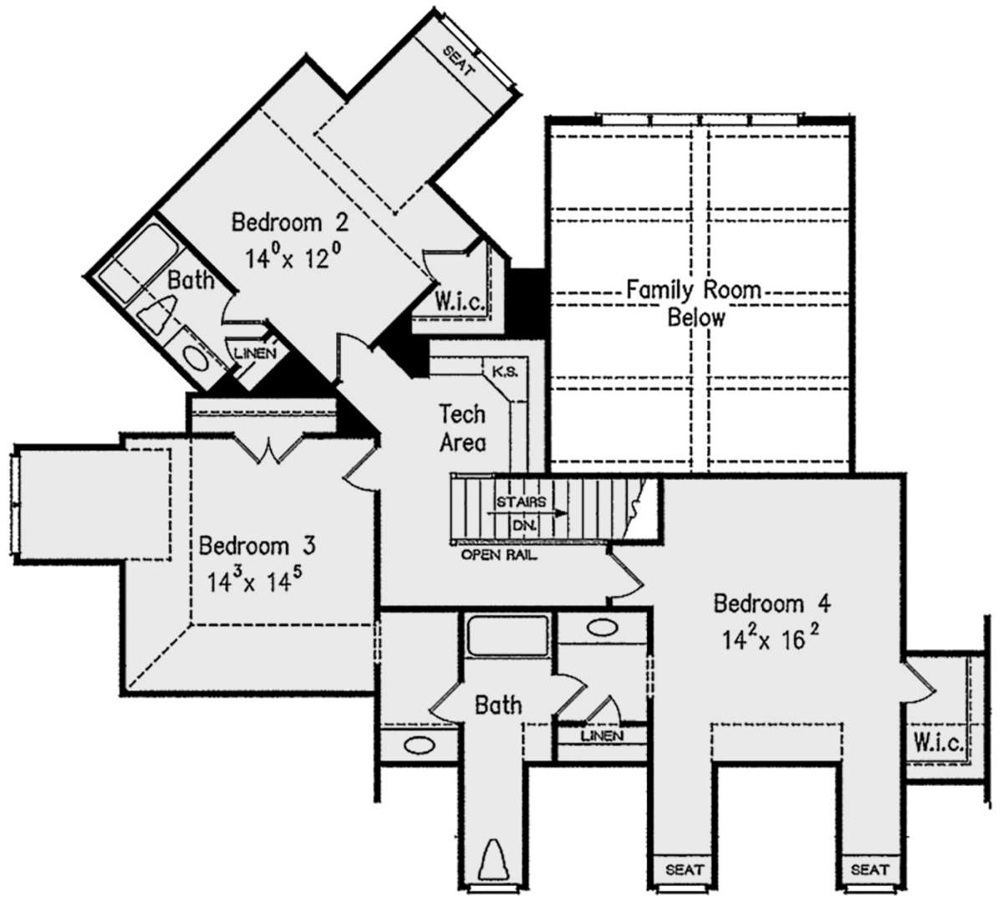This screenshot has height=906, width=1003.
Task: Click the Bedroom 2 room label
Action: [289, 222]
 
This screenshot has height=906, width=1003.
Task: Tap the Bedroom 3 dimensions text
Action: [254, 580]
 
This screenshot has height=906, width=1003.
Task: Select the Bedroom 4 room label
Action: [772, 603]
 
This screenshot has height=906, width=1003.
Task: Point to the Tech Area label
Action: [462, 428]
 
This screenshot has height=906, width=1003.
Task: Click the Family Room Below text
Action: [695, 303]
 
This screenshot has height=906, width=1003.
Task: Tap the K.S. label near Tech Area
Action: [506, 372]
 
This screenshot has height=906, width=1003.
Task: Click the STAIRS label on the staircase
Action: [521, 501]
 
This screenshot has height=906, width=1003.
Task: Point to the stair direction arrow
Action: [527, 513]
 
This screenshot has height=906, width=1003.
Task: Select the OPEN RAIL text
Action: [499, 554]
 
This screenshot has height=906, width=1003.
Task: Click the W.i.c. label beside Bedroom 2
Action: [460, 302]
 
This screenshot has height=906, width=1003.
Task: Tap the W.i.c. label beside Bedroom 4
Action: [939, 742]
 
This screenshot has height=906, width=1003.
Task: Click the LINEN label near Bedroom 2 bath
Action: [256, 354]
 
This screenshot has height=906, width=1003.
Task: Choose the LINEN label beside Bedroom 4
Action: [603, 735]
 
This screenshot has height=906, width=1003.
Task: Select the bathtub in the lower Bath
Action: [508, 635]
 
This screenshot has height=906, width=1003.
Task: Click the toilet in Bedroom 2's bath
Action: [159, 314]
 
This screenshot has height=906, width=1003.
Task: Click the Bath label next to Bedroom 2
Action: [191, 279]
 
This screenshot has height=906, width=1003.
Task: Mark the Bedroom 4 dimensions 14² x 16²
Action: [771, 639]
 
